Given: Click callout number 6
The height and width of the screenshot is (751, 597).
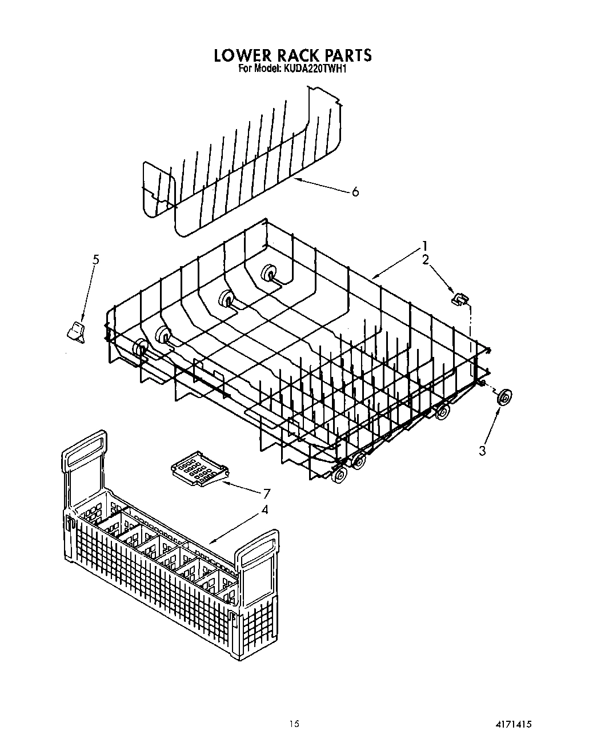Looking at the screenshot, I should pos(355,192).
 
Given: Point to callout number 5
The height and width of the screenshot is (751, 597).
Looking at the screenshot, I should pos(96,260).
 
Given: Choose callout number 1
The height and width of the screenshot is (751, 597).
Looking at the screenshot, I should pos(424,246).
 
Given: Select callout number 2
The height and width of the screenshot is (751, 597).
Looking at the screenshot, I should pos(424,260).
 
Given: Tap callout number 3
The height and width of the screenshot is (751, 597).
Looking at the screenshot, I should pos(483,451).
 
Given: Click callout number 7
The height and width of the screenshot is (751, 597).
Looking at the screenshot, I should pos(266,493).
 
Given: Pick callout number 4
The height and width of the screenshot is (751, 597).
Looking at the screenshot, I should pos(264,509).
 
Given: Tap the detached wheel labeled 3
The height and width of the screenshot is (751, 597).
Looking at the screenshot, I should pos(503,397).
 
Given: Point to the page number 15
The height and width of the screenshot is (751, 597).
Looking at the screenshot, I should pos(293,724).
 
